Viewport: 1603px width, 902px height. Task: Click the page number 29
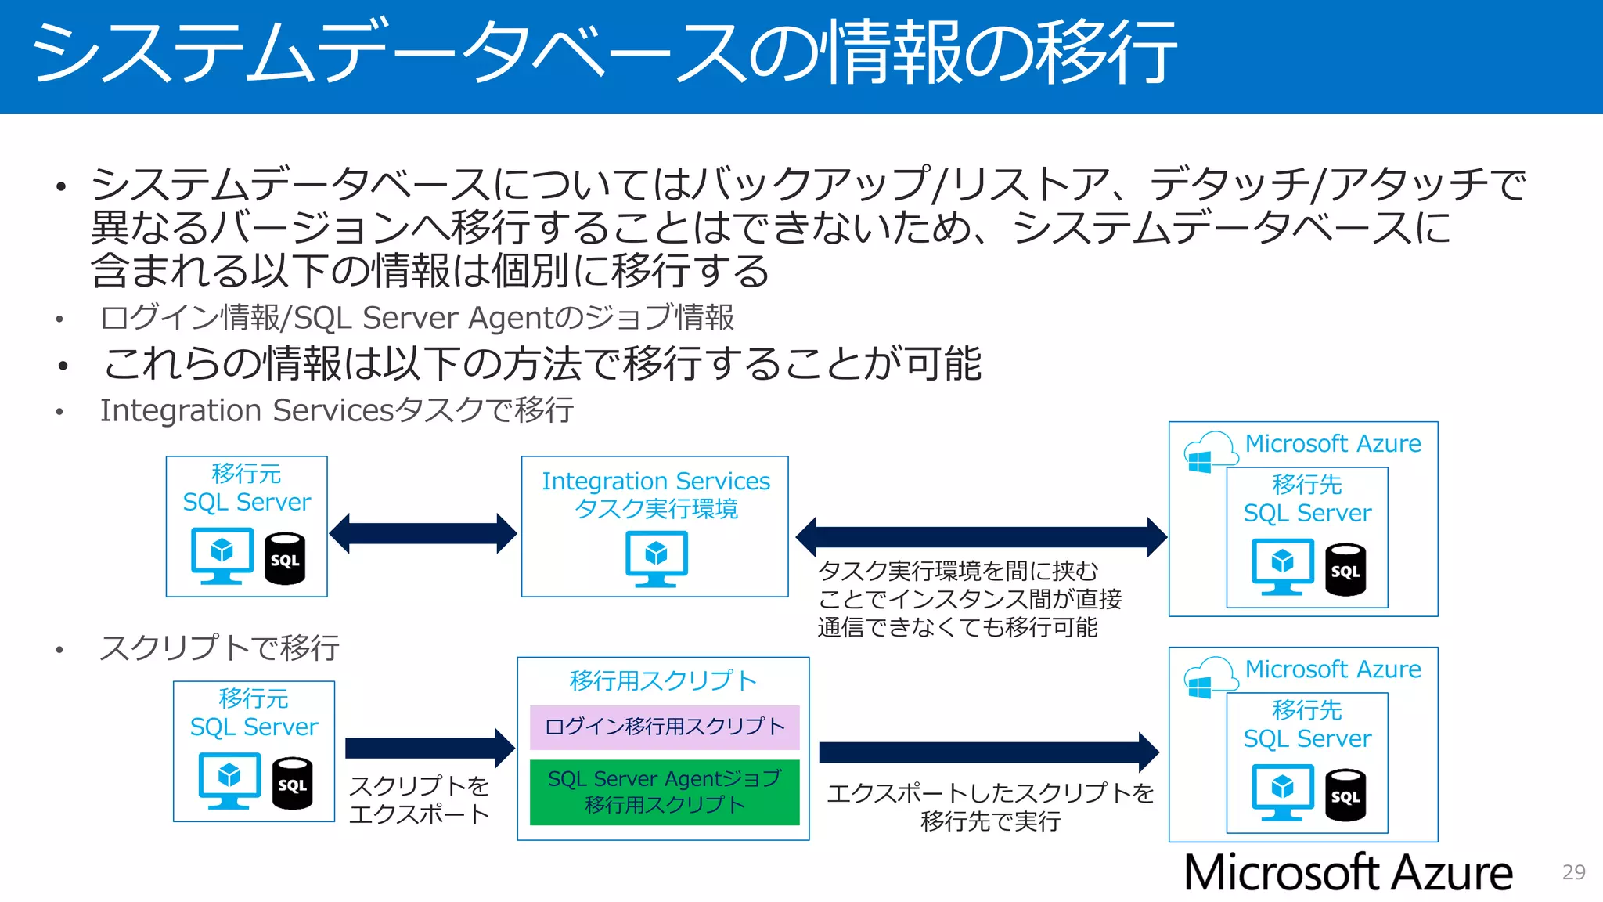point(1573,872)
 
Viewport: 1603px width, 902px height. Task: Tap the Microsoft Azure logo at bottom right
point(1348,872)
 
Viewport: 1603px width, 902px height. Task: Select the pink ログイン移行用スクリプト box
point(665,727)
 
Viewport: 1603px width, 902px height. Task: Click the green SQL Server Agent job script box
point(665,792)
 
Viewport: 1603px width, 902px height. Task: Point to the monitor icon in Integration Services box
point(656,558)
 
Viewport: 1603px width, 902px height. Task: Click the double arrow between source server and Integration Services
point(423,534)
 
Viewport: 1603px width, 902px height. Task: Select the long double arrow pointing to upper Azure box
point(981,537)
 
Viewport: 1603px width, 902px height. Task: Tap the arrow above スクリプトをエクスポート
point(429,748)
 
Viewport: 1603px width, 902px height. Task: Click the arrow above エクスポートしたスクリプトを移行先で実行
point(988,752)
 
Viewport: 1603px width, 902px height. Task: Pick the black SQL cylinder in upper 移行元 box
point(285,558)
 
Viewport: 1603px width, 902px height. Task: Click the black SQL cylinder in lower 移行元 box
point(292,783)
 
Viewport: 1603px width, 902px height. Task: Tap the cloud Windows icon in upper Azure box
point(1209,453)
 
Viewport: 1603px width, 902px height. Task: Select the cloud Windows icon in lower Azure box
point(1209,678)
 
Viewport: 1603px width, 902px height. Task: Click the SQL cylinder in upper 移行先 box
point(1345,569)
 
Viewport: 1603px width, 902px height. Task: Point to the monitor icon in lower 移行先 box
point(1282,792)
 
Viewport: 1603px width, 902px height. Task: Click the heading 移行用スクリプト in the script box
point(663,680)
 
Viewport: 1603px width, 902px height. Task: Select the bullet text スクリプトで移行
point(219,648)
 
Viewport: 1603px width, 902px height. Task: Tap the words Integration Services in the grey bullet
point(247,410)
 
